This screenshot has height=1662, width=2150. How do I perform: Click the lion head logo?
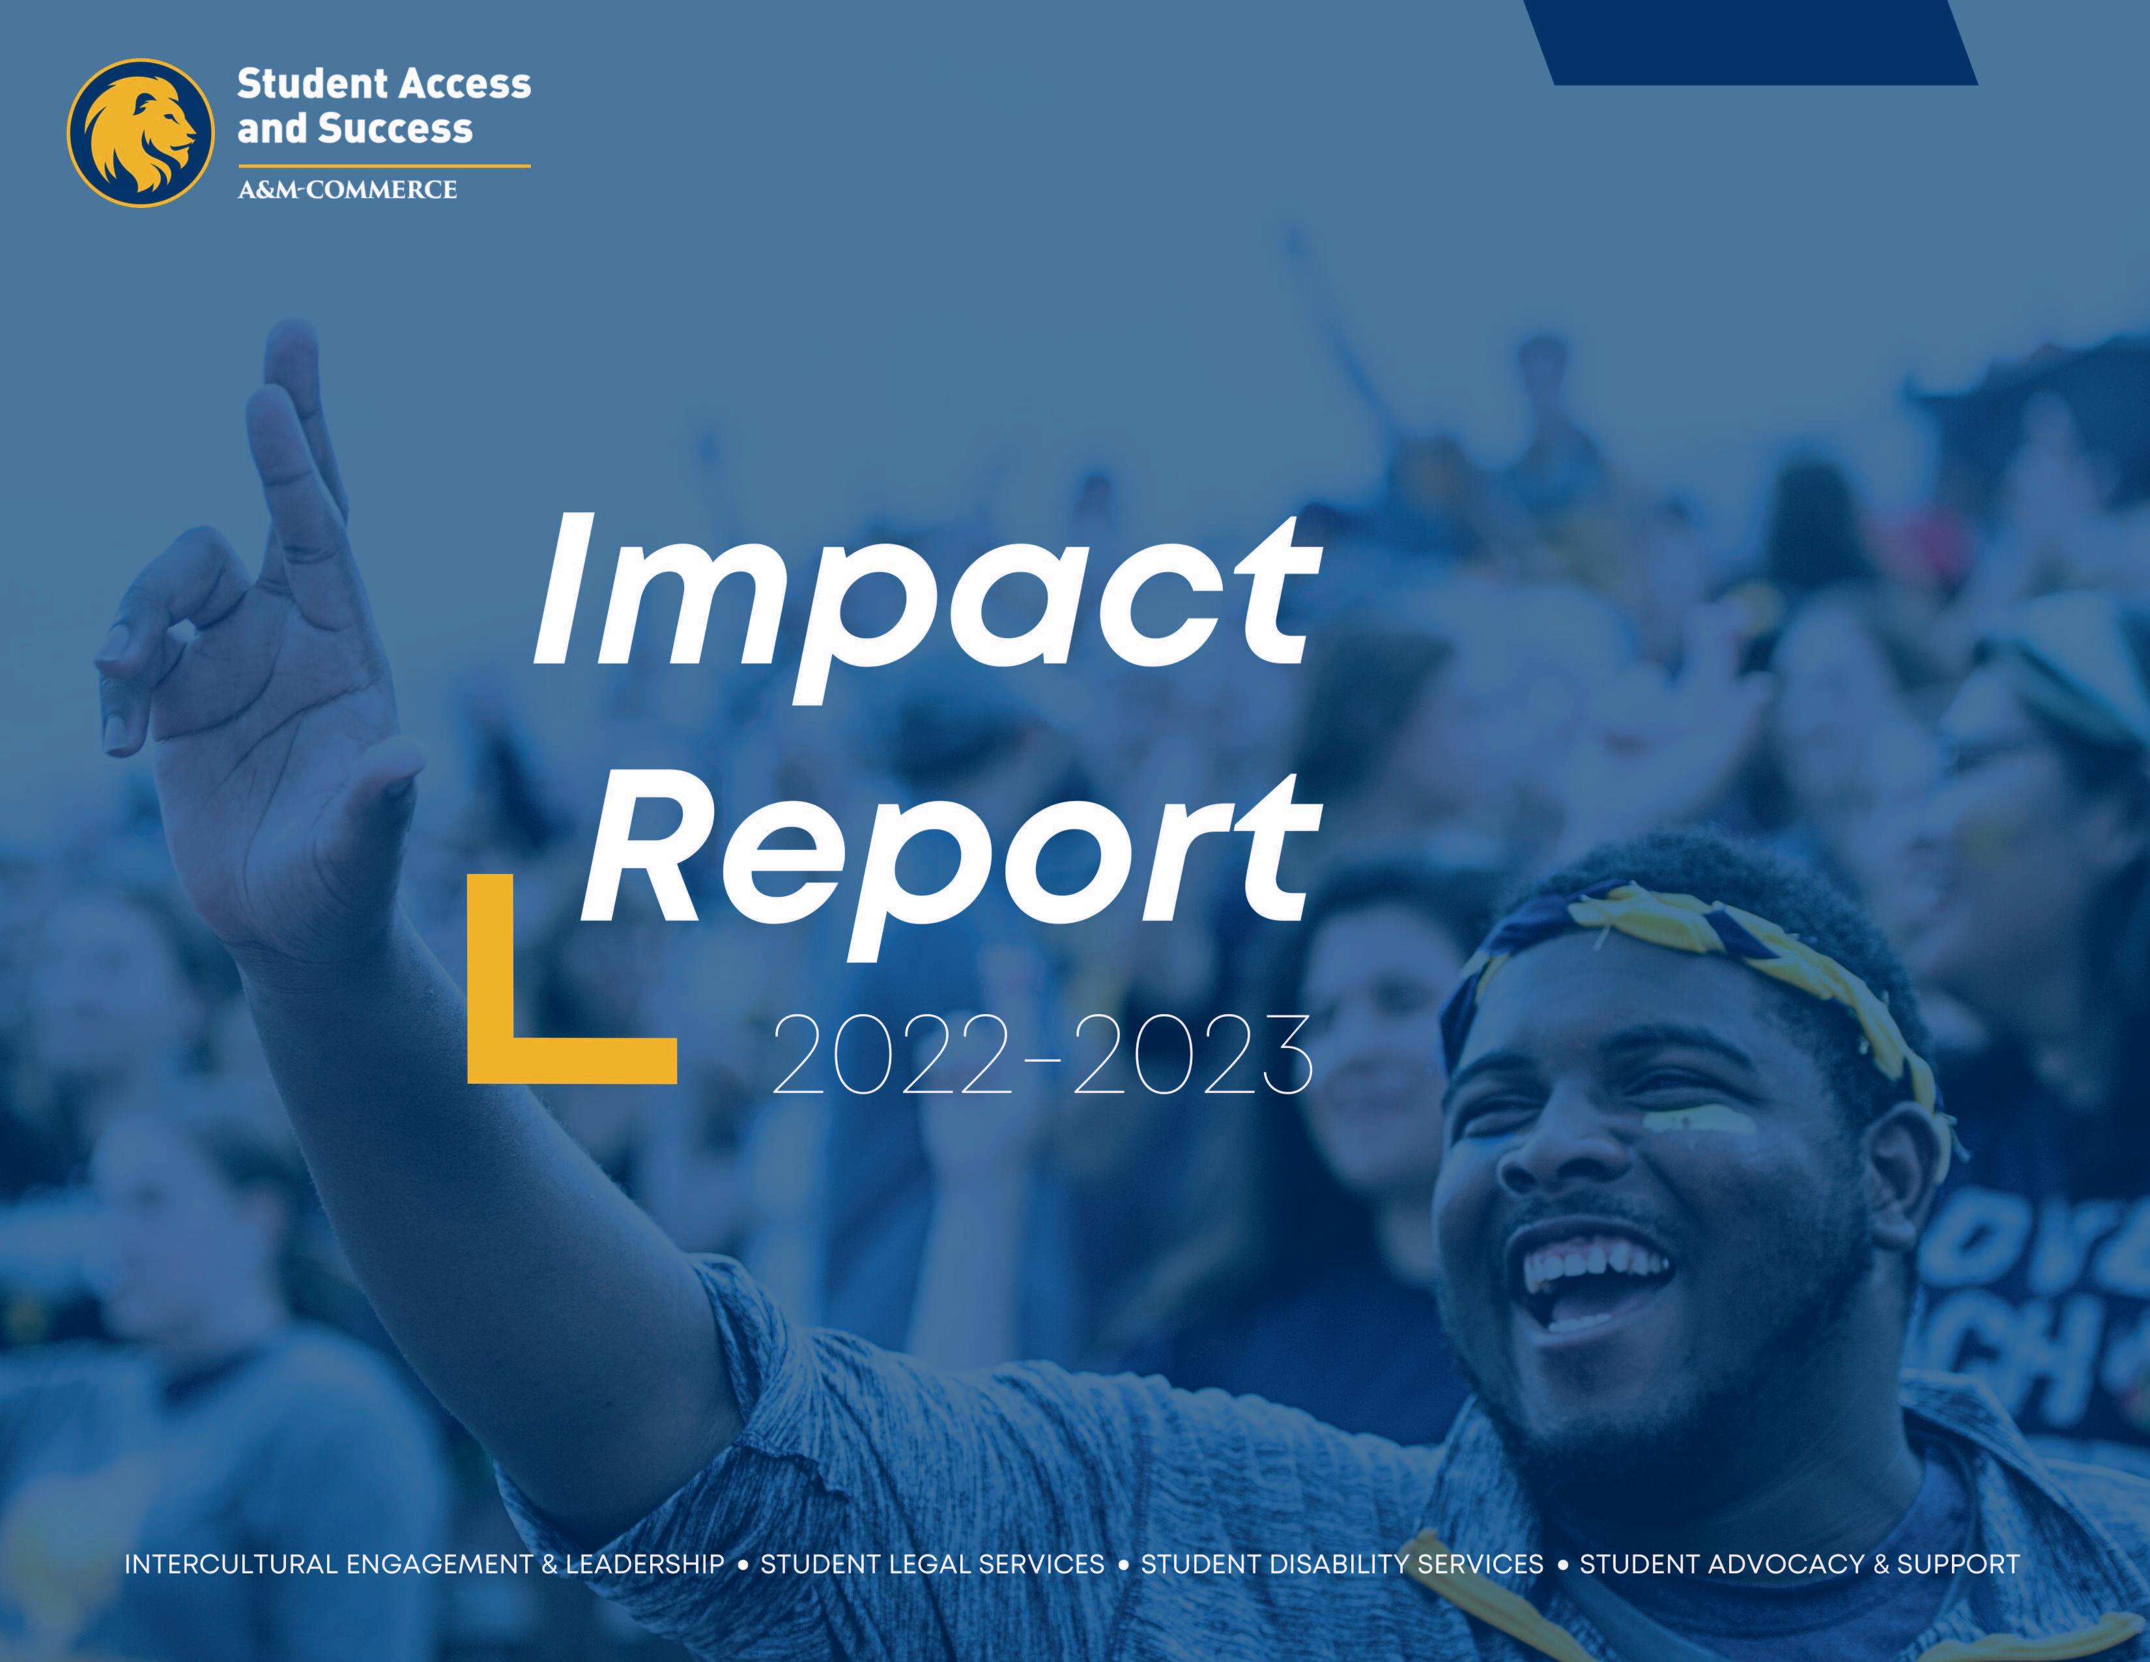[x=140, y=133]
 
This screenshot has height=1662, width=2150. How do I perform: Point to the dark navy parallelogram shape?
[x=1751, y=42]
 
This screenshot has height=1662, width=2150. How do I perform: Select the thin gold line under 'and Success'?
[x=384, y=166]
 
